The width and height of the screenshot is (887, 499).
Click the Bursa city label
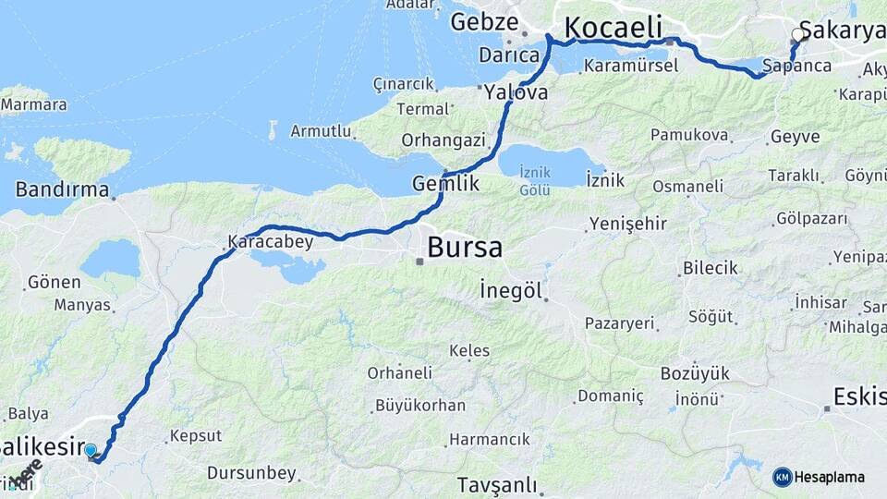(465, 248)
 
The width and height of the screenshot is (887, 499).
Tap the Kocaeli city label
(610, 28)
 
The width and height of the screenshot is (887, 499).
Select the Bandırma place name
(62, 191)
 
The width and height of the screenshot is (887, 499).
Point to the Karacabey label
(271, 242)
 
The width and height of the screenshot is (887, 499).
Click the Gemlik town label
(445, 184)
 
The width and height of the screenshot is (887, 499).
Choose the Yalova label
(516, 92)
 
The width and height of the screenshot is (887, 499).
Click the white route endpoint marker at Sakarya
(798, 35)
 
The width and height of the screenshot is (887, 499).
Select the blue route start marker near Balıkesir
(91, 451)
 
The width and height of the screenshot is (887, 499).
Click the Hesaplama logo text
(829, 477)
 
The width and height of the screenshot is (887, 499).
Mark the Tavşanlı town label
(497, 484)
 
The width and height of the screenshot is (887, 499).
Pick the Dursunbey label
(251, 473)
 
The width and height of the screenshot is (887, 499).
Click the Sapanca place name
(797, 66)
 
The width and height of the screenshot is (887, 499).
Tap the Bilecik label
(711, 268)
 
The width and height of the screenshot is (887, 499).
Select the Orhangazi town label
(443, 140)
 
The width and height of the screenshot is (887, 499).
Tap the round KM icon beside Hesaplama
(782, 477)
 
